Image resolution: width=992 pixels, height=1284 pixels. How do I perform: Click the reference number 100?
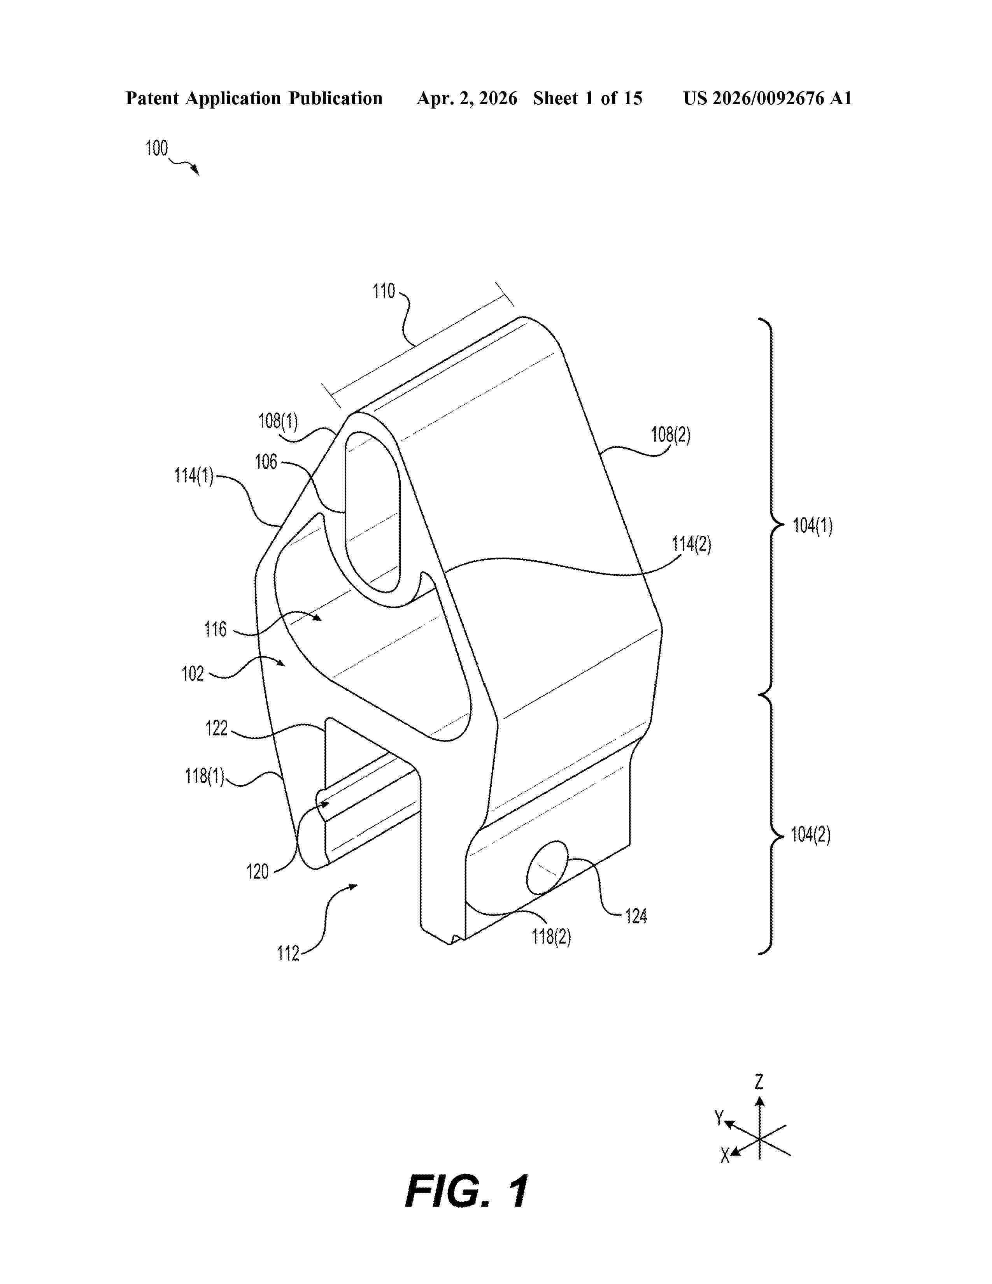click(x=156, y=148)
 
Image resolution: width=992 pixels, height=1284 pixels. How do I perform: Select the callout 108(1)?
click(x=278, y=421)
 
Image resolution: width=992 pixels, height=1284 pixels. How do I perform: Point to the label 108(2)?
click(x=671, y=435)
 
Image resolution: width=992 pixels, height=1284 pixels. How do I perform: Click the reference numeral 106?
click(x=266, y=462)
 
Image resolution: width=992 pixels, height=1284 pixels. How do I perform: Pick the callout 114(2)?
click(x=692, y=544)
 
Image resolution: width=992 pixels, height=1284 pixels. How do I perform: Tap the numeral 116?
click(x=215, y=630)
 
